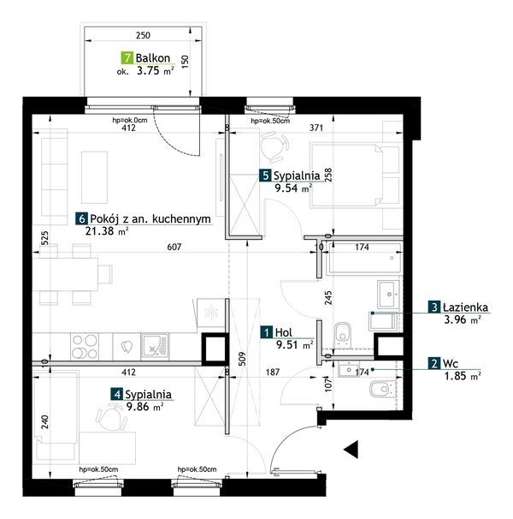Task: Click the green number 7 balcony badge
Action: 127,58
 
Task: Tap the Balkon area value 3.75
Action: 148,70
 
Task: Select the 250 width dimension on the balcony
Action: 143,35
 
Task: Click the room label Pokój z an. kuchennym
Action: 150,218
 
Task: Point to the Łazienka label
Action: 465,307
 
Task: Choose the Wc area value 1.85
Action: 455,376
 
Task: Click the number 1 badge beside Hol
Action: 267,332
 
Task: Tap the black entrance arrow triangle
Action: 351,450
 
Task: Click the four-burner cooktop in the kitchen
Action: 85,347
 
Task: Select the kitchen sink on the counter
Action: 155,346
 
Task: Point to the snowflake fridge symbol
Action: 211,313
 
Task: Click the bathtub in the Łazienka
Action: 363,259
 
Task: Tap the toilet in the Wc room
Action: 382,389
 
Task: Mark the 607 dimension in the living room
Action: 174,247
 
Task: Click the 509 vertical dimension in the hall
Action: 242,359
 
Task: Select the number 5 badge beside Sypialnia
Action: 265,176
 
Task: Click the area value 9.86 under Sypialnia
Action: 138,407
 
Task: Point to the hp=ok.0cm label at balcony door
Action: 130,120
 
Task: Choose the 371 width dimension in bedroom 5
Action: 316,128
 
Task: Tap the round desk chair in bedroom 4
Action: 112,419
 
